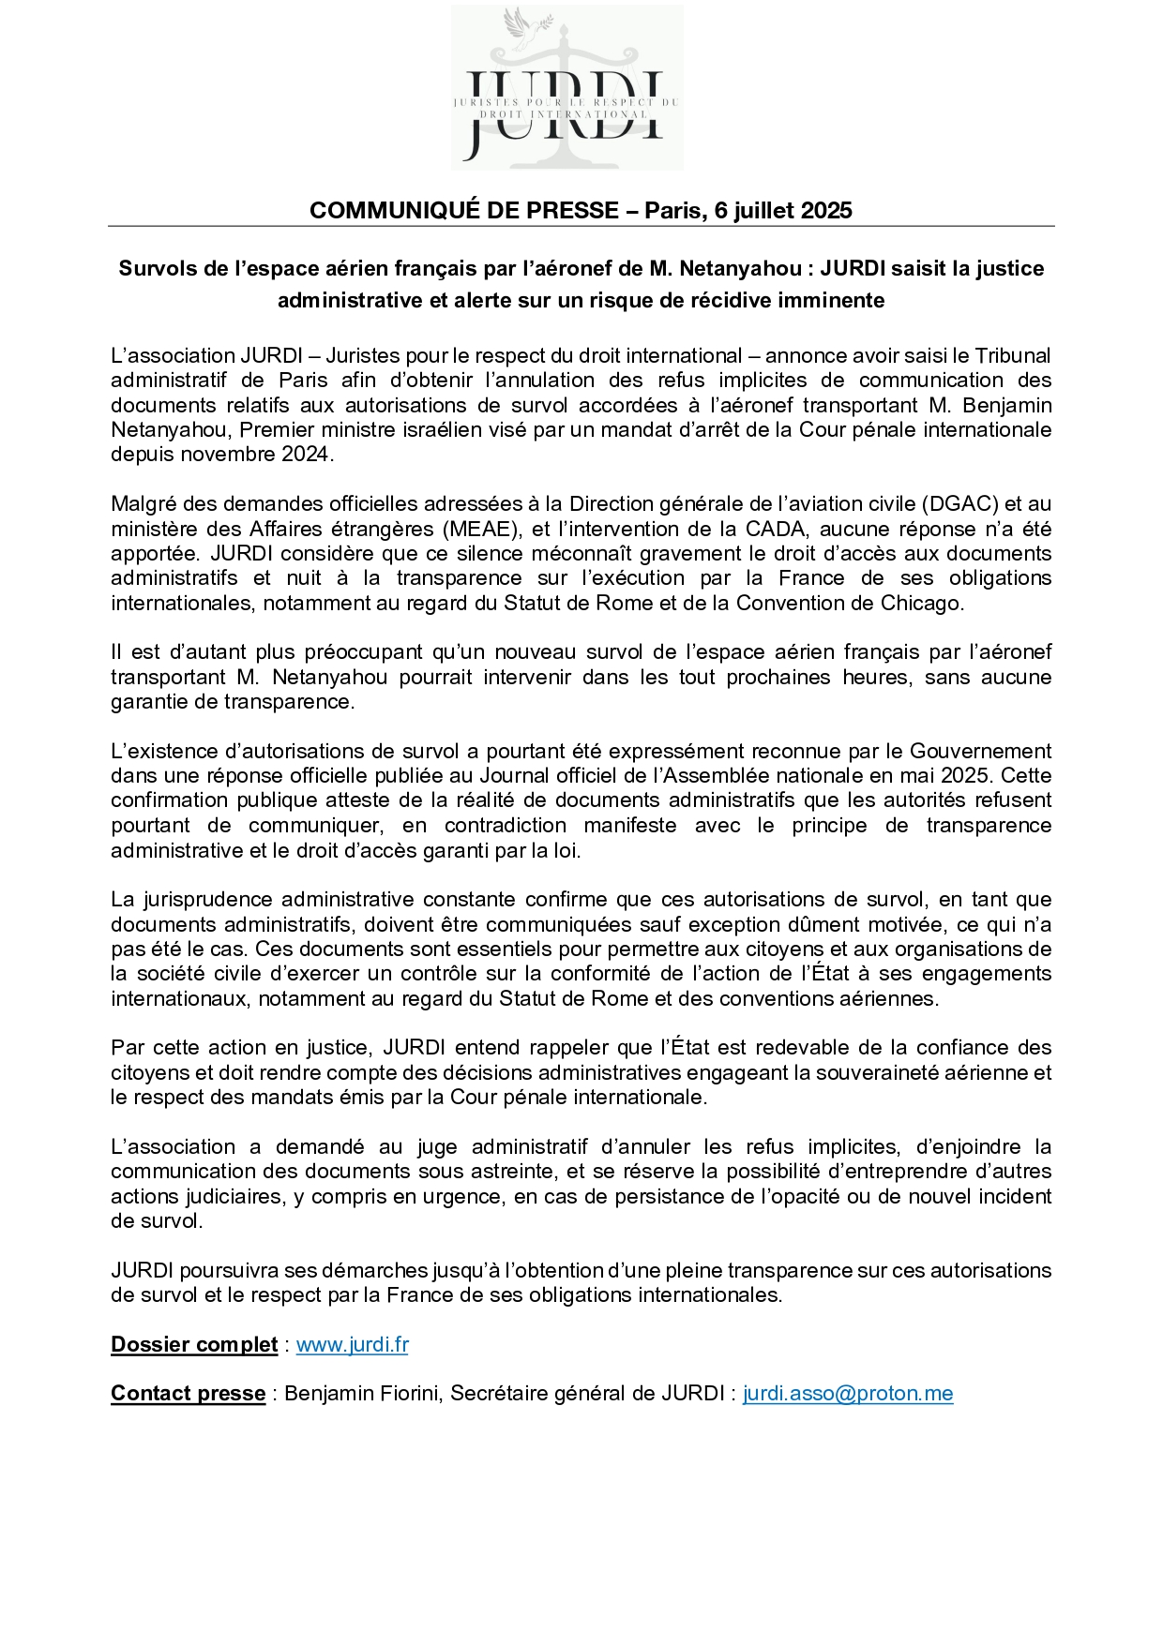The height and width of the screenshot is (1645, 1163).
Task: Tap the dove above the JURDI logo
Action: pyautogui.click(x=517, y=23)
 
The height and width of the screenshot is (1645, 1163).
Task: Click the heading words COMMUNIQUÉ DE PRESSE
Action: pyautogui.click(x=463, y=210)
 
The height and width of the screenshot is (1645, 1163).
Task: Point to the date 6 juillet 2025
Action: pyautogui.click(x=783, y=210)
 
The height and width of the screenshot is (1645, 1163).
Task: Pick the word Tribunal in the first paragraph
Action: pyautogui.click(x=1013, y=355)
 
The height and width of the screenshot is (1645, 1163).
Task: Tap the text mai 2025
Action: pyautogui.click(x=955, y=775)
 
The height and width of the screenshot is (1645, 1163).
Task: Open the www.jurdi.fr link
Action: pyautogui.click(x=353, y=1345)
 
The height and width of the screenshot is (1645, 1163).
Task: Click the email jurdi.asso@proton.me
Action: pyautogui.click(x=848, y=1394)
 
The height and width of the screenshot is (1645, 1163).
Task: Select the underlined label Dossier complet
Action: pyautogui.click(x=194, y=1345)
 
